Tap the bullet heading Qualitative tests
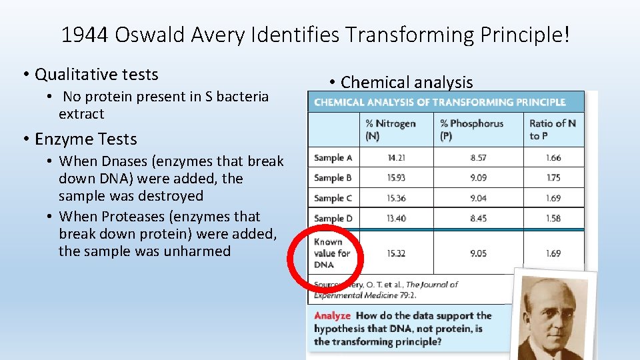point(97,74)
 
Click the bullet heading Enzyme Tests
point(85,139)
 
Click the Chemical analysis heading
point(407,82)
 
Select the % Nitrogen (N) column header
point(390,129)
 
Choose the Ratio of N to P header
point(552,129)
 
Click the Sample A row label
point(333,158)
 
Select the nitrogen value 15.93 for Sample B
point(397,178)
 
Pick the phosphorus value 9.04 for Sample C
point(478,198)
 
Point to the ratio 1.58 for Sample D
point(553,218)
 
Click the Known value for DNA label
point(332,253)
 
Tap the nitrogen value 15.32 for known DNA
point(397,253)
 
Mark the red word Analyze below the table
point(332,315)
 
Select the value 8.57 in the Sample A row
point(478,158)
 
